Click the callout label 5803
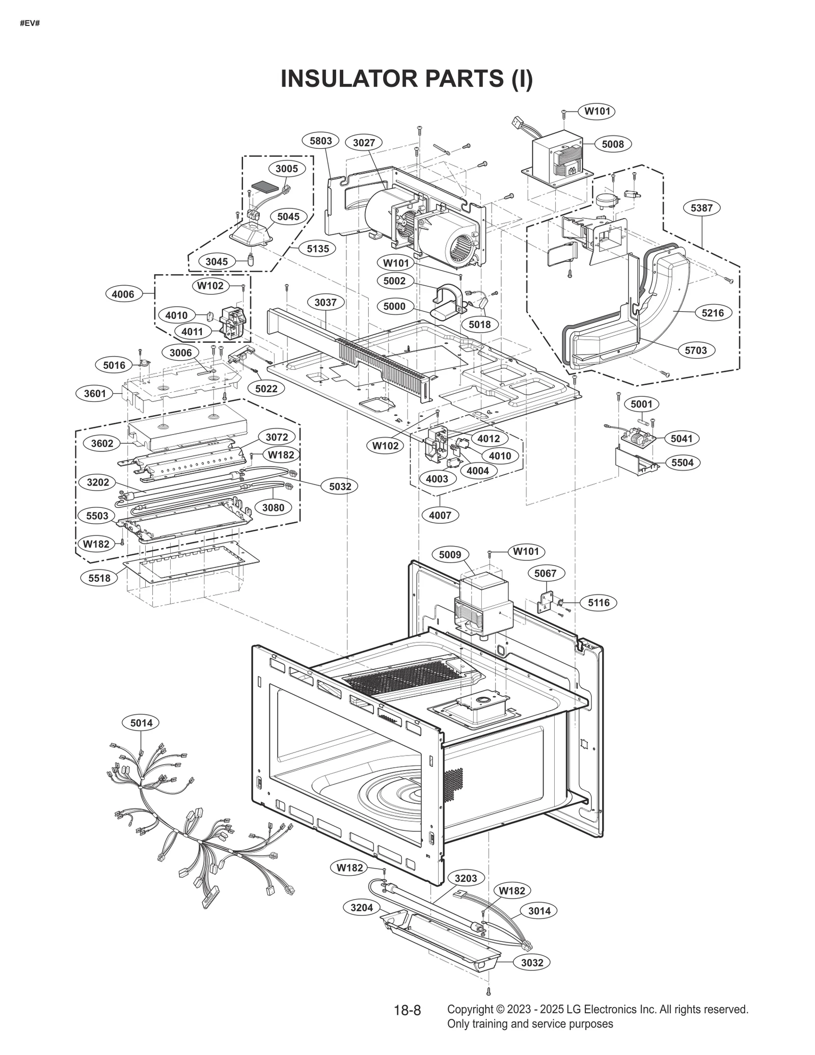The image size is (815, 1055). pos(320,141)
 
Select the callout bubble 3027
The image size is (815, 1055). pos(364,143)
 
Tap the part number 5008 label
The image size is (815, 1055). pos(612,144)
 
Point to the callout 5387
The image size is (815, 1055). pos(701,208)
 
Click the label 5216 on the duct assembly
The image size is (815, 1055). pos(712,313)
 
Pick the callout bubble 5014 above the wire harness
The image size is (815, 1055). pos(141,722)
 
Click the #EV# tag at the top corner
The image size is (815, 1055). pos(30,24)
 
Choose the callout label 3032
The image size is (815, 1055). pos(532,962)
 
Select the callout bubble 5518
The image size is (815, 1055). pos(99,578)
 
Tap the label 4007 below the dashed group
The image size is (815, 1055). pos(440,515)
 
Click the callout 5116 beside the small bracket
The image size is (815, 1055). pos(599,603)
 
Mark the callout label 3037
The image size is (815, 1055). pos(325,303)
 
